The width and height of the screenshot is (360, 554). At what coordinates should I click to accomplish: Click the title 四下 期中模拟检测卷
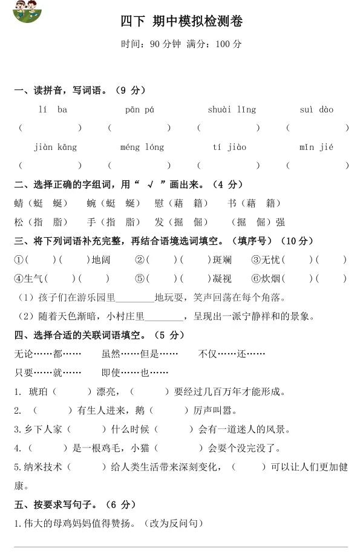tap(181, 22)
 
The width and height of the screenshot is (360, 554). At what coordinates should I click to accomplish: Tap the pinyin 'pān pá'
tap(140, 109)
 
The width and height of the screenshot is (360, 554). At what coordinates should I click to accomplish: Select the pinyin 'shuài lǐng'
tap(232, 109)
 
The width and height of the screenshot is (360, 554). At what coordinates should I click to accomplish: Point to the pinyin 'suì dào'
tap(316, 109)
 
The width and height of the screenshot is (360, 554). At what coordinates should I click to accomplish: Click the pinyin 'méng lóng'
tap(142, 147)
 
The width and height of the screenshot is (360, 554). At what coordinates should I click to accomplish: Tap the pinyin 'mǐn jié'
tap(316, 147)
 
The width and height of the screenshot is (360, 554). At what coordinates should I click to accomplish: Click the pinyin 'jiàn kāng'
tap(55, 147)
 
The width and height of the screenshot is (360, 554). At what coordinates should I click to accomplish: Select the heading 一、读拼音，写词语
tap(67, 91)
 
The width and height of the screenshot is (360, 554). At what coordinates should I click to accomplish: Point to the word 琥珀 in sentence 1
tap(39, 391)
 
